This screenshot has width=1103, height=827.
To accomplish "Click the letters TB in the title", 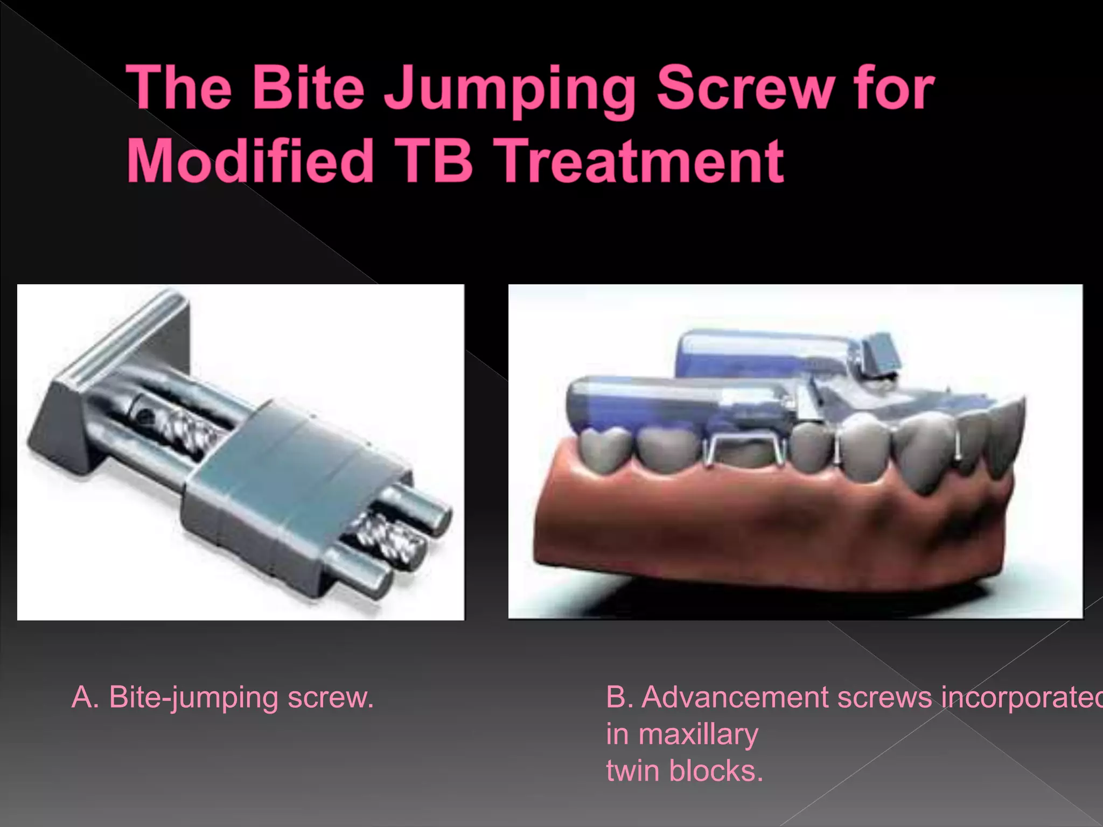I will pyautogui.click(x=431, y=160).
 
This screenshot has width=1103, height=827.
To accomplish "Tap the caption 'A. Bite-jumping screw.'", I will pyautogui.click(x=222, y=697).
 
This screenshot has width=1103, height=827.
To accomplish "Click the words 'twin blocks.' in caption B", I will pyautogui.click(x=685, y=770).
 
